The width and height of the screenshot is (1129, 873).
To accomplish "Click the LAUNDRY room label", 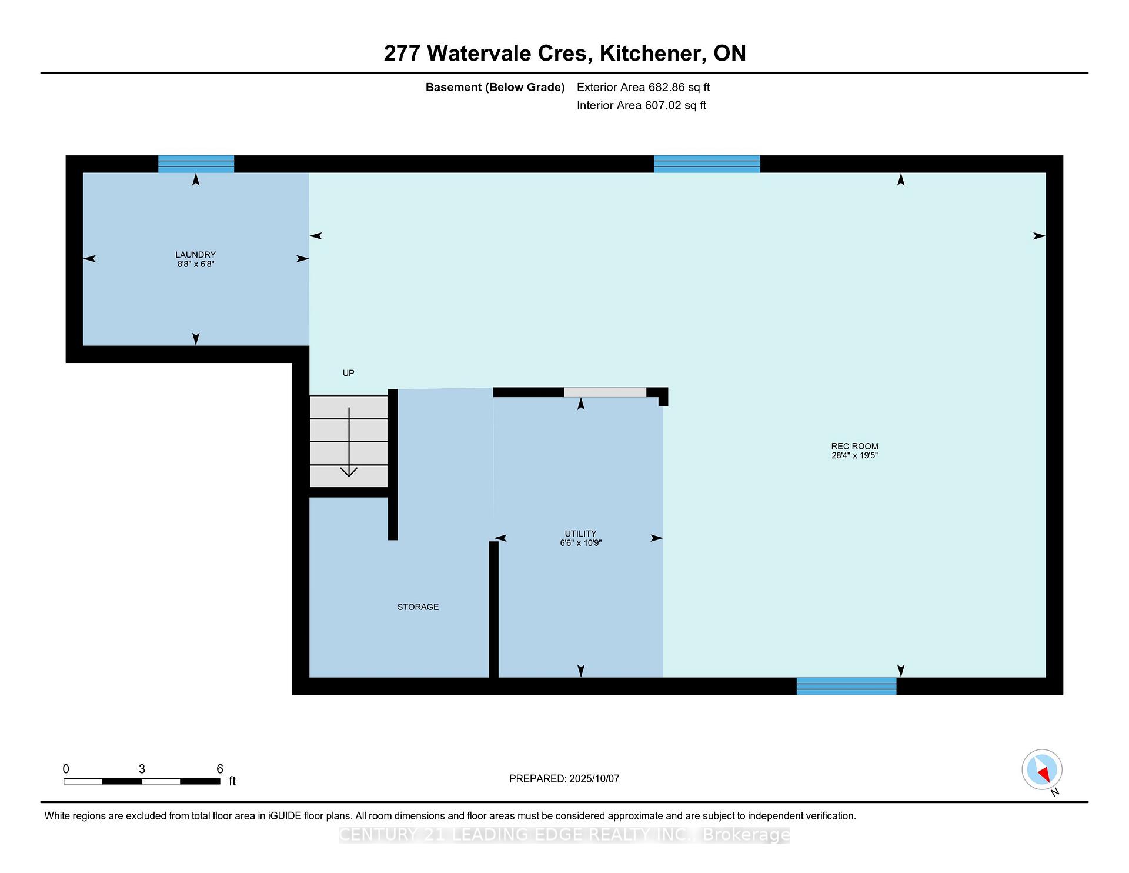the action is pyautogui.click(x=195, y=255).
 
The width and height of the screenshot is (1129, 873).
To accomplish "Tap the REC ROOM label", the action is pyautogui.click(x=854, y=446).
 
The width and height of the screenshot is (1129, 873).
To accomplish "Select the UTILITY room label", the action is pyautogui.click(x=580, y=534).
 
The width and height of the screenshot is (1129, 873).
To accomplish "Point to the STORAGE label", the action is pyautogui.click(x=418, y=607).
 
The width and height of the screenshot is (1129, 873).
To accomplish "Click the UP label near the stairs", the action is pyautogui.click(x=349, y=373).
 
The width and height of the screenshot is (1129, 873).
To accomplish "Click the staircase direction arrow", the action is pyautogui.click(x=349, y=442).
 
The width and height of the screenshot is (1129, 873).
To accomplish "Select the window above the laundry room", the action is pyautogui.click(x=196, y=164).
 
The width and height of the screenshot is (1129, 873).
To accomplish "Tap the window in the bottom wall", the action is pyautogui.click(x=846, y=686).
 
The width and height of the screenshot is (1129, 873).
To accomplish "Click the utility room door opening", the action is pyautogui.click(x=605, y=392).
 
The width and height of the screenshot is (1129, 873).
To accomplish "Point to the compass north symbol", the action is pyautogui.click(x=1042, y=769).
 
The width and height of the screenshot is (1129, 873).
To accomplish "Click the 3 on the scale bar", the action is pyautogui.click(x=142, y=769).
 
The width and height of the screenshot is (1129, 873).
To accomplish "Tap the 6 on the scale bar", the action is pyautogui.click(x=220, y=769).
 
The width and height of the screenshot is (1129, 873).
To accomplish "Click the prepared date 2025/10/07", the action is pyautogui.click(x=594, y=778).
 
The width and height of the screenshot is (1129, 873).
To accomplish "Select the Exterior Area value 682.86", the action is pyautogui.click(x=666, y=87).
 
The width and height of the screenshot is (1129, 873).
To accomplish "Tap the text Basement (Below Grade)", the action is pyautogui.click(x=495, y=88).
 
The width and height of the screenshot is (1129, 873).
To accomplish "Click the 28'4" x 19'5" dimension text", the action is pyautogui.click(x=854, y=455).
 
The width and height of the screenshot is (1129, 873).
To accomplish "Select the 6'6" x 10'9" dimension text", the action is pyautogui.click(x=580, y=543).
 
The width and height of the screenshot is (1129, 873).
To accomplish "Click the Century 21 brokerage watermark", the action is pyautogui.click(x=564, y=835).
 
